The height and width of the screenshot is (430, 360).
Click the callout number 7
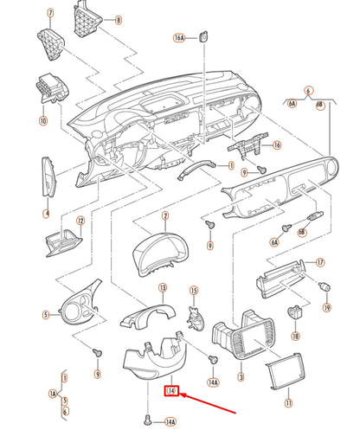pyautogui.click(x=50, y=14)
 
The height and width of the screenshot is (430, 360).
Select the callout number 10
pyautogui.click(x=43, y=121)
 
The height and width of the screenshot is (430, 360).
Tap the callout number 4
pyautogui.click(x=47, y=213)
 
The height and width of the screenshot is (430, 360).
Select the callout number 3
pyautogui.click(x=240, y=378)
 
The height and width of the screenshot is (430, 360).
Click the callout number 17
pyautogui.click(x=319, y=262)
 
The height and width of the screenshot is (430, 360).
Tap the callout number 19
pyautogui.click(x=327, y=307)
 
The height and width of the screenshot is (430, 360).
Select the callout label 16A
pyautogui.click(x=179, y=38)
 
